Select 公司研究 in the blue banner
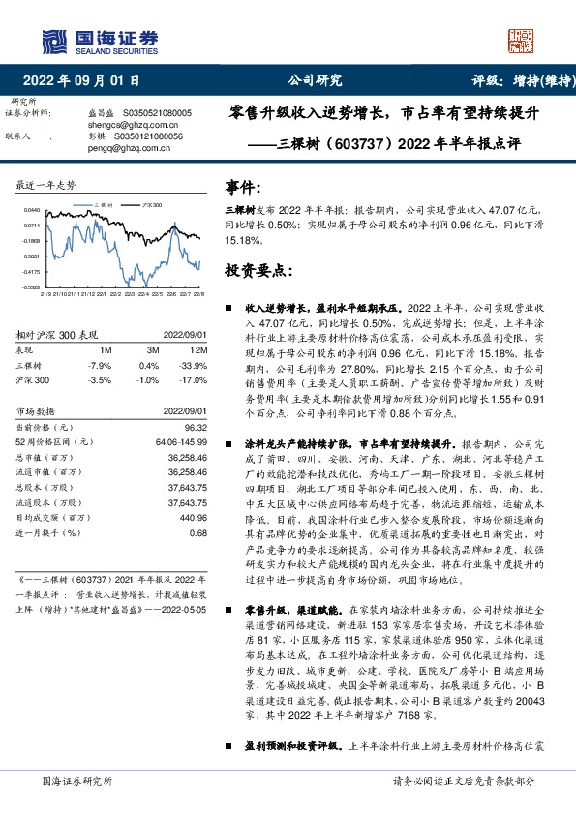(x=315, y=80)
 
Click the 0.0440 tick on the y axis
(x=33, y=210)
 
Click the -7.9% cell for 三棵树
(x=100, y=366)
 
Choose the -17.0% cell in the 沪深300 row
(x=193, y=381)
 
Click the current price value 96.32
(x=197, y=426)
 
